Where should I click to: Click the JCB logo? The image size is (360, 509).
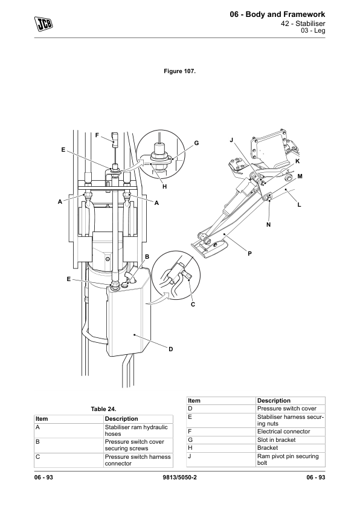(x=43, y=24)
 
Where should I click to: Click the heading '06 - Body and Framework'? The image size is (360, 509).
(x=277, y=15)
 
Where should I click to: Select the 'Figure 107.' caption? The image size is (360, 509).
(x=179, y=71)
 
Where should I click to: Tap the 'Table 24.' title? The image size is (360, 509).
(x=103, y=409)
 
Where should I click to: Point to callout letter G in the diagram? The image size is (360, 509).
(x=196, y=143)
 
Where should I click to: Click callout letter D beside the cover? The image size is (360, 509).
(x=170, y=349)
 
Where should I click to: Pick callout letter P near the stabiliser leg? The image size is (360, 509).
(x=249, y=254)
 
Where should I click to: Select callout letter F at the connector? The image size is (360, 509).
(x=97, y=135)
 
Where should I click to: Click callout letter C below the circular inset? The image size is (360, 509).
(x=193, y=305)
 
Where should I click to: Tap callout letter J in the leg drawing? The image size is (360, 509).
(x=231, y=140)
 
